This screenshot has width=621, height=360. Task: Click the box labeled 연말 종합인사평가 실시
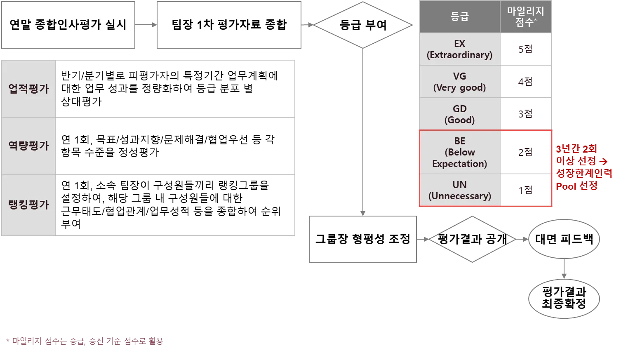point(68,25)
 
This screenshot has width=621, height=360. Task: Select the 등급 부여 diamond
point(363,25)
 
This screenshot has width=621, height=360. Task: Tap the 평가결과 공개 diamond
point(472,239)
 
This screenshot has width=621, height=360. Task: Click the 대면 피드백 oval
point(564,239)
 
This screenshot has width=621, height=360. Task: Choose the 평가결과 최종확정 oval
point(564,299)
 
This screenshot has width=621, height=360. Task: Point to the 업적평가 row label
point(28,89)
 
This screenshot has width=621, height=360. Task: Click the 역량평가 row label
point(28,146)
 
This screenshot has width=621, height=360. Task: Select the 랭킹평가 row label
point(28,205)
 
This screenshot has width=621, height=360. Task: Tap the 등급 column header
point(459,17)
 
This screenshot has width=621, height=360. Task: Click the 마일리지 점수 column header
point(526,17)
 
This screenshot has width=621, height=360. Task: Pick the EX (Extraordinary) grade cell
point(459,49)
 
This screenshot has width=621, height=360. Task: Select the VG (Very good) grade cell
point(459,82)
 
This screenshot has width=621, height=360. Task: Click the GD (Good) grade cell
point(459,114)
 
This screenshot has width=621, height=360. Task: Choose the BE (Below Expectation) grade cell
point(459,152)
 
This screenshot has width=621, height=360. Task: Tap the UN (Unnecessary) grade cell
point(459,190)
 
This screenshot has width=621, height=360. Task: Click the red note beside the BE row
point(583,167)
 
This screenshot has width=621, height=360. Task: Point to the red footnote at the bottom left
point(85,341)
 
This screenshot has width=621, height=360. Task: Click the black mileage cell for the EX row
point(526,49)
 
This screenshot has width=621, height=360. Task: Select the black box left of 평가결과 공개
point(363,239)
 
